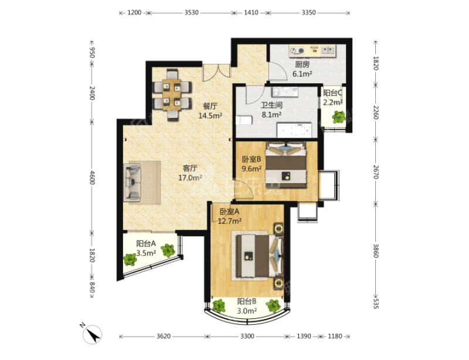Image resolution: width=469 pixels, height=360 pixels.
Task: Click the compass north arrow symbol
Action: point(93,334)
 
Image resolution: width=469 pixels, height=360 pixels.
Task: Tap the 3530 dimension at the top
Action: point(192,12)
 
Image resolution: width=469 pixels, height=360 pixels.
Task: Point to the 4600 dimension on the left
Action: point(92,178)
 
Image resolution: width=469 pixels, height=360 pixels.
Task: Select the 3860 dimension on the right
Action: point(376,251)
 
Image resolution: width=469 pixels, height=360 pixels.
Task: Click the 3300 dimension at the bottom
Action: point(247,336)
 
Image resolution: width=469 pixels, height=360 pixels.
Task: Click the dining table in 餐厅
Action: point(172,95)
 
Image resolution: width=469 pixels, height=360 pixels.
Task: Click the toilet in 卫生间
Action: point(244,120)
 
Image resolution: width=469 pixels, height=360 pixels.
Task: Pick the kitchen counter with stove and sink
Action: point(312,50)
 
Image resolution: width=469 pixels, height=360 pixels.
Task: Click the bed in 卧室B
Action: point(286,165)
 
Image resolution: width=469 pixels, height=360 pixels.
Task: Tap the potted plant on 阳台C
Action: point(339,117)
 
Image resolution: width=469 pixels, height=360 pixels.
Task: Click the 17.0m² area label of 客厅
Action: point(190,178)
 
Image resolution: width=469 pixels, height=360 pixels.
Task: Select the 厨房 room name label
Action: point(303,64)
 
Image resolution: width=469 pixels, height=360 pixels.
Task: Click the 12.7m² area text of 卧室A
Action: point(230,221)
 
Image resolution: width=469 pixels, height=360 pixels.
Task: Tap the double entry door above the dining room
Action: point(216,73)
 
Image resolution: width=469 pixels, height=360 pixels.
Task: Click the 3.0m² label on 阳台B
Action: point(247,311)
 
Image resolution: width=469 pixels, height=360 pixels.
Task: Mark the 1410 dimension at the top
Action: point(251,12)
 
